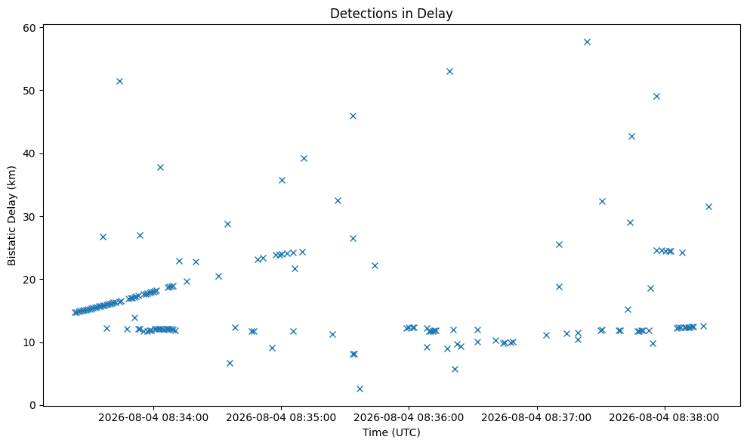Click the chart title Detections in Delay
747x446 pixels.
pos(391,14)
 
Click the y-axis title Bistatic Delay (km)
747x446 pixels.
pos(11,215)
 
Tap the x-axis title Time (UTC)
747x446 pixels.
pos(391,432)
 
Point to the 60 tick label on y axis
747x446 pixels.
pos(29,28)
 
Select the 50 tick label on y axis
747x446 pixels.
pos(29,91)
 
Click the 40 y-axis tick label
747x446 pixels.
pos(29,153)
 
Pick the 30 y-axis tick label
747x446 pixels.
pos(29,216)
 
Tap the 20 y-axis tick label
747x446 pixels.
pos(29,280)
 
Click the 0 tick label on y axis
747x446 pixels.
pos(33,405)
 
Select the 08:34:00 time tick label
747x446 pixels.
pos(153,418)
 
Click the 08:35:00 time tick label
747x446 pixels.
pos(281,418)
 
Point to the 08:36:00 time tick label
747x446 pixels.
pos(409,418)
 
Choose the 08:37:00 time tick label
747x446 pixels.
pos(536,418)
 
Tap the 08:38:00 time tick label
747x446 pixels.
pos(664,418)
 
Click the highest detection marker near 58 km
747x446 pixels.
pos(587,42)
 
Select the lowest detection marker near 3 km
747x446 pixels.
pos(360,389)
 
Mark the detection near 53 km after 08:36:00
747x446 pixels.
pos(449,72)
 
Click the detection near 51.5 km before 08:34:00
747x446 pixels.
pos(119,81)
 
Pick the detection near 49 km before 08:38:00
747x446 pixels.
pos(656,96)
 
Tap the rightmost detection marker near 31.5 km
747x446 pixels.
pos(708,206)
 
